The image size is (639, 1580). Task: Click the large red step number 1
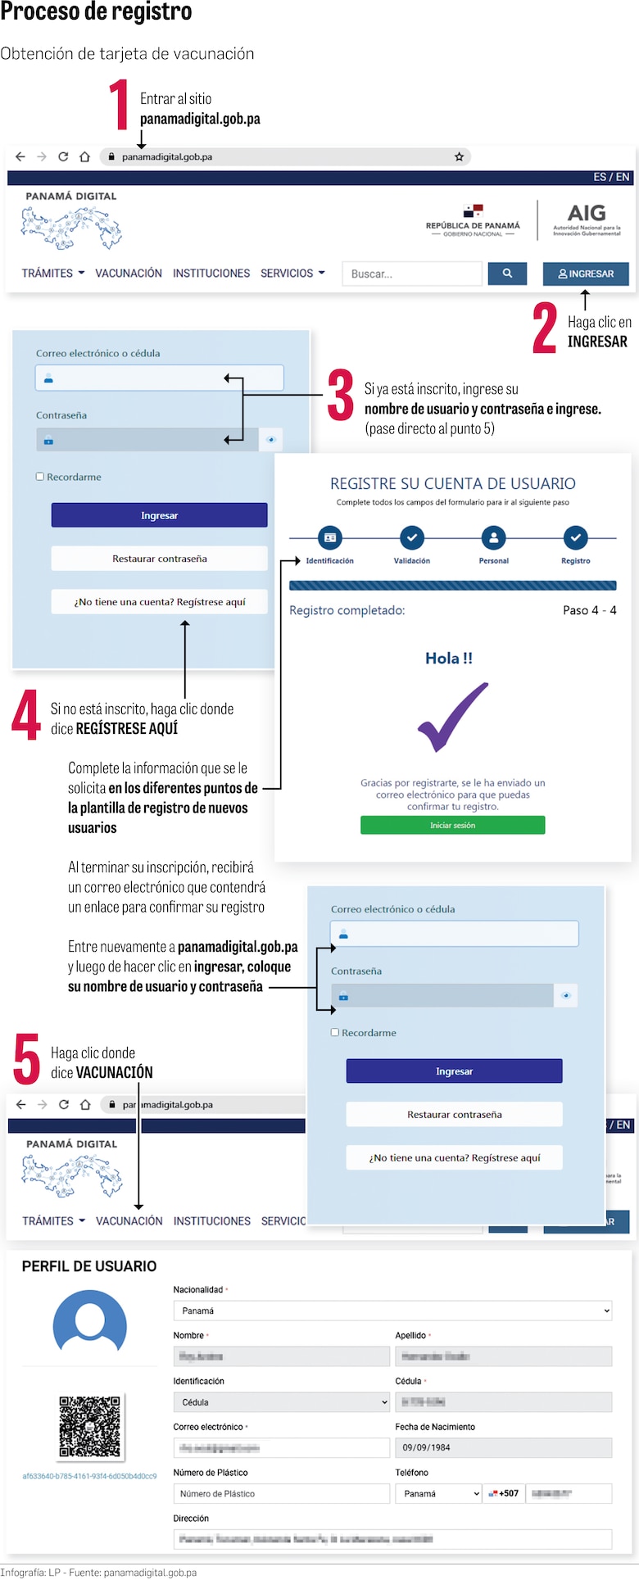[x=120, y=105]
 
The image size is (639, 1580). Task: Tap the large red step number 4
[x=26, y=715]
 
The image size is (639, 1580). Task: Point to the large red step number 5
[x=27, y=1059]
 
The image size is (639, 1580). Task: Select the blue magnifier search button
[x=507, y=274]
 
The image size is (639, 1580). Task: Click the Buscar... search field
[x=412, y=274]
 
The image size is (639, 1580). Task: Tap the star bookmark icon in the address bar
[x=460, y=156]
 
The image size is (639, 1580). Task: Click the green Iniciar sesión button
[x=452, y=825]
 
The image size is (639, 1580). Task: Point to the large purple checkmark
[x=452, y=718]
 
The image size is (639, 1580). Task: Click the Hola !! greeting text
[x=449, y=659]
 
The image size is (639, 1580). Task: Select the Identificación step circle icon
[x=329, y=538]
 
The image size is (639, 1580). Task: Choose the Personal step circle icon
[x=493, y=538]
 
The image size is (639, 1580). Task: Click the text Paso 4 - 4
[x=589, y=610]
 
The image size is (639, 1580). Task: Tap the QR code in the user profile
[x=90, y=1427]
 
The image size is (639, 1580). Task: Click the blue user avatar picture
[x=90, y=1324]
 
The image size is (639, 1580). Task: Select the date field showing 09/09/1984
[x=503, y=1447]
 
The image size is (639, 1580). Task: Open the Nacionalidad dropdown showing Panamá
[x=392, y=1311]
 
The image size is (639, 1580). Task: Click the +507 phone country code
[x=505, y=1493]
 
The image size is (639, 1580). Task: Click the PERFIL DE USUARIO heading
[x=89, y=1266]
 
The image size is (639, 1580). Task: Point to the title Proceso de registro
[x=96, y=12]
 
